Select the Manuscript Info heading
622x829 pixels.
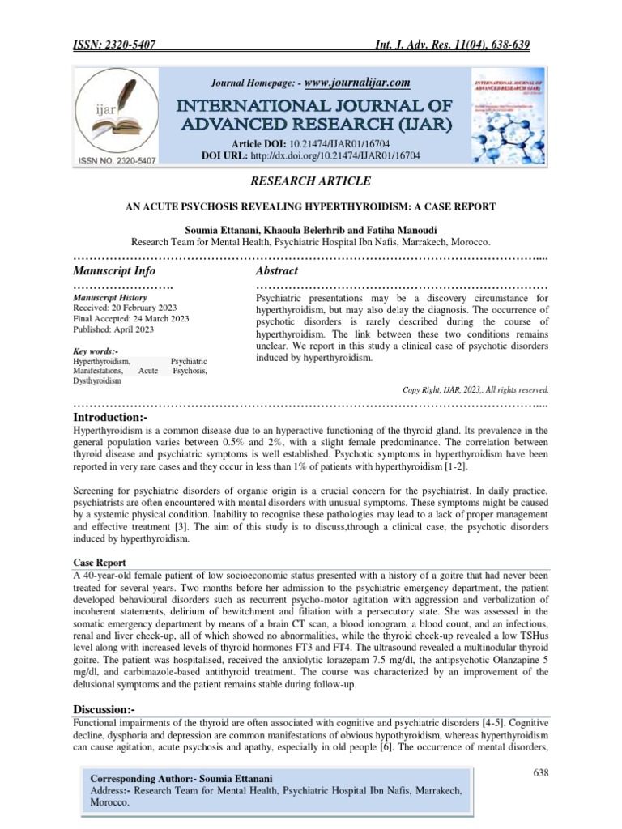tap(114, 270)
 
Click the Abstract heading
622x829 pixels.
tap(276, 270)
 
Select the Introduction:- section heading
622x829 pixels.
tap(112, 416)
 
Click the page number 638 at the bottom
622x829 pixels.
tap(540, 774)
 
